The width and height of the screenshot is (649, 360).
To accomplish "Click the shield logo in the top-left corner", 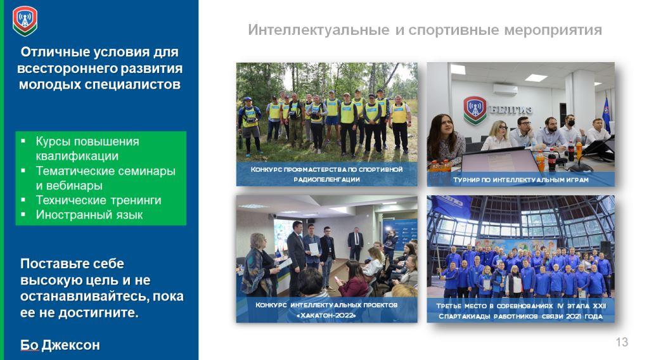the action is pos(25,21).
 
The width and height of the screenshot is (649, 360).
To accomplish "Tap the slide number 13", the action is pos(622,342).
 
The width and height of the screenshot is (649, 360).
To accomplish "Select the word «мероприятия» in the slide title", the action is pos(553,30).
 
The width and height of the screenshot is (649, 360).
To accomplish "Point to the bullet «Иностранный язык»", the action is pos(89,215).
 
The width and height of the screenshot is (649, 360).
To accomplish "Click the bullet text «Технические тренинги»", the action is pos(98,200).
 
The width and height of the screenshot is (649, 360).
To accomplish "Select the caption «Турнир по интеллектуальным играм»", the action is pos(521,180).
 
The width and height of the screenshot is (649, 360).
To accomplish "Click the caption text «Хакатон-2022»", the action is pos(326,315).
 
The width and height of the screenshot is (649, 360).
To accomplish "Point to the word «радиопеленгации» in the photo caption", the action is pos(326,179).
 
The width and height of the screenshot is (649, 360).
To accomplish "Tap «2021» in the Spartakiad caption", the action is pos(574,316).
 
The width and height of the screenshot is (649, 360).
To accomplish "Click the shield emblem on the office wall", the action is pos(475,110).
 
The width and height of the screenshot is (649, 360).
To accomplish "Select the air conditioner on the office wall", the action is pos(505,89).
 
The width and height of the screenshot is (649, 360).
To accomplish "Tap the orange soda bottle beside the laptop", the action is pos(540,161).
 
